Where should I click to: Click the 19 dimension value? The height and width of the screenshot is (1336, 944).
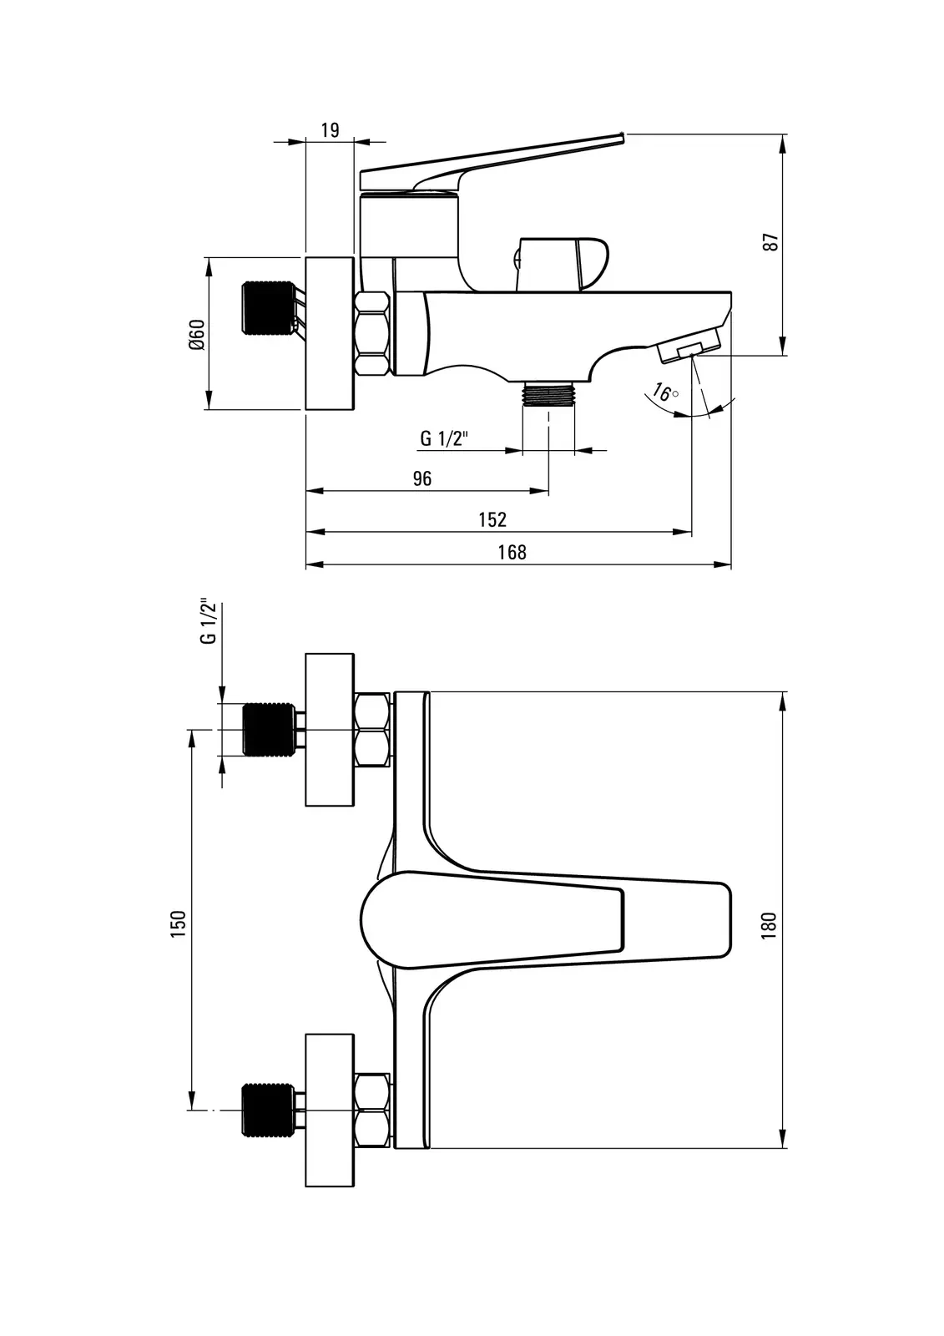click(330, 129)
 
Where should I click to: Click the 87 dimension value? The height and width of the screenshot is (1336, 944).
click(771, 242)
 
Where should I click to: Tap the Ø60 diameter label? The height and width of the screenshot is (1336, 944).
click(196, 334)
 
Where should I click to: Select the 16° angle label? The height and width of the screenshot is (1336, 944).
click(664, 392)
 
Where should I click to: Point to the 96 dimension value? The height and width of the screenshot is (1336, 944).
click(422, 478)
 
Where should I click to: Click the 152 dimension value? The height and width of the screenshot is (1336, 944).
click(492, 519)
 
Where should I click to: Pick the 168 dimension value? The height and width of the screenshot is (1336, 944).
click(512, 552)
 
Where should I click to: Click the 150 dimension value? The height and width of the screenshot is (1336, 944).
click(177, 924)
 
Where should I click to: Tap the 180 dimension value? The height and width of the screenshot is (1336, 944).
click(770, 925)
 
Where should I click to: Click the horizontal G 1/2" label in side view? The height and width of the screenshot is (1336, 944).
click(445, 439)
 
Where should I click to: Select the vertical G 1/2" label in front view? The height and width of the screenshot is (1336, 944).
click(209, 622)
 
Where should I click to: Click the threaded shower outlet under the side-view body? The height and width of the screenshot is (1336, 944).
click(548, 392)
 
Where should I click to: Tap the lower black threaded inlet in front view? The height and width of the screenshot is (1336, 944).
click(268, 1108)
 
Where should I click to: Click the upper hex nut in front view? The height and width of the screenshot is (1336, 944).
click(372, 730)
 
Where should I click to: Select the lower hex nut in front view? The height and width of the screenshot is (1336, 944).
click(372, 1109)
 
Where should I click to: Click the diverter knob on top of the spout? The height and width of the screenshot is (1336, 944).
click(561, 262)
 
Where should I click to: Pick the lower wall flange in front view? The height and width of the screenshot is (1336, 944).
click(331, 1109)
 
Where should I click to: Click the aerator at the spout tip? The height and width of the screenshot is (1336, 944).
click(689, 349)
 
